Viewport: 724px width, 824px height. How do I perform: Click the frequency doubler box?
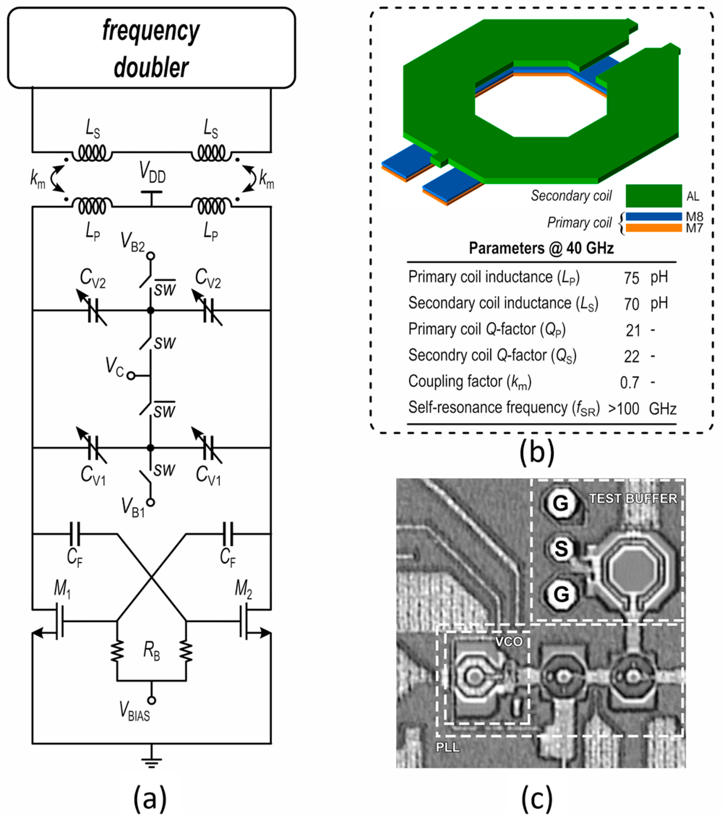151,48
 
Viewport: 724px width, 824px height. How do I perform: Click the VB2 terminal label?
133,242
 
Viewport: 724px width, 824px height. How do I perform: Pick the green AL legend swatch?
654,196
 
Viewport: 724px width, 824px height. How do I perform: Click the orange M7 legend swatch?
654,228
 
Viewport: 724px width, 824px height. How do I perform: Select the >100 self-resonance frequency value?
624,409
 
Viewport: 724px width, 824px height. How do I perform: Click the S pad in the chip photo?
561,549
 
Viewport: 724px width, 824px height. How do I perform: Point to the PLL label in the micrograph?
448,747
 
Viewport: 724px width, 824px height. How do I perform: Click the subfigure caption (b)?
536,452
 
